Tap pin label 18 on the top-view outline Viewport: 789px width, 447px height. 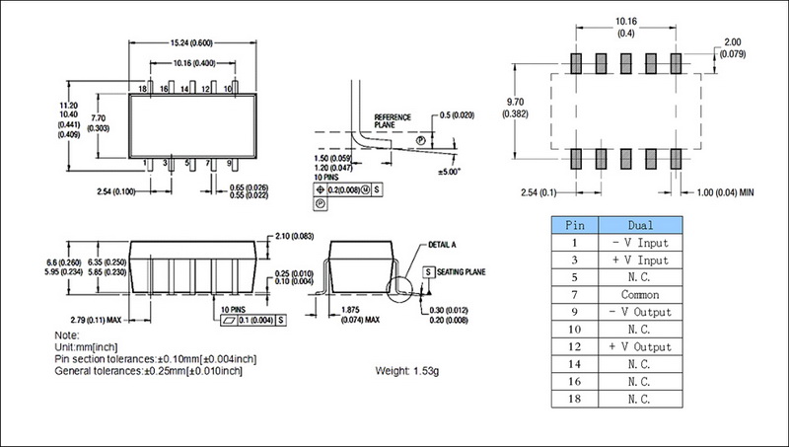point(143,89)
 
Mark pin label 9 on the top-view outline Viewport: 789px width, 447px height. point(230,162)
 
